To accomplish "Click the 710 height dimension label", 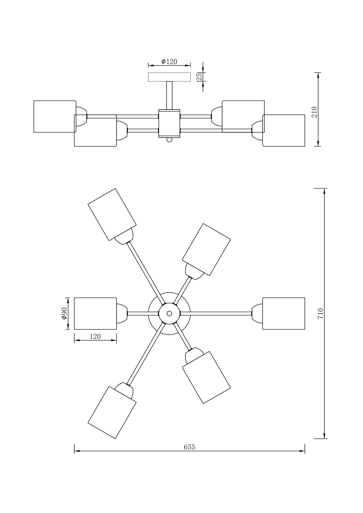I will click(321, 313).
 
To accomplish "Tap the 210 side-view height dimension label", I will click(314, 112).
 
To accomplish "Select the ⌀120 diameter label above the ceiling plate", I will click(169, 62).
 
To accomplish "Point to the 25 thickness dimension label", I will click(199, 77).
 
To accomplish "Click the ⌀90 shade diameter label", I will click(64, 313).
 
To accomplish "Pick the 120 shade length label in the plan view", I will click(95, 336).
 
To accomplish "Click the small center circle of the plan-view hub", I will click(169, 313).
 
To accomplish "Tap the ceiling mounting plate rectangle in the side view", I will click(169, 77).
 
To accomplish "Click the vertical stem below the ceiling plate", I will click(169, 95).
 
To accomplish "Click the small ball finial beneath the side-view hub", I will click(169, 140).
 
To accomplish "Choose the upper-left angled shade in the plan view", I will click(112, 214).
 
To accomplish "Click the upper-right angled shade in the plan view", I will click(207, 250).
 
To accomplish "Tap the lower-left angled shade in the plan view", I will click(112, 412).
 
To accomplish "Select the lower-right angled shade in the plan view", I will click(207, 377).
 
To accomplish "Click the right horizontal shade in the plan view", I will click(284, 313).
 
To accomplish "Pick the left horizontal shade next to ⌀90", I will click(95, 313).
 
